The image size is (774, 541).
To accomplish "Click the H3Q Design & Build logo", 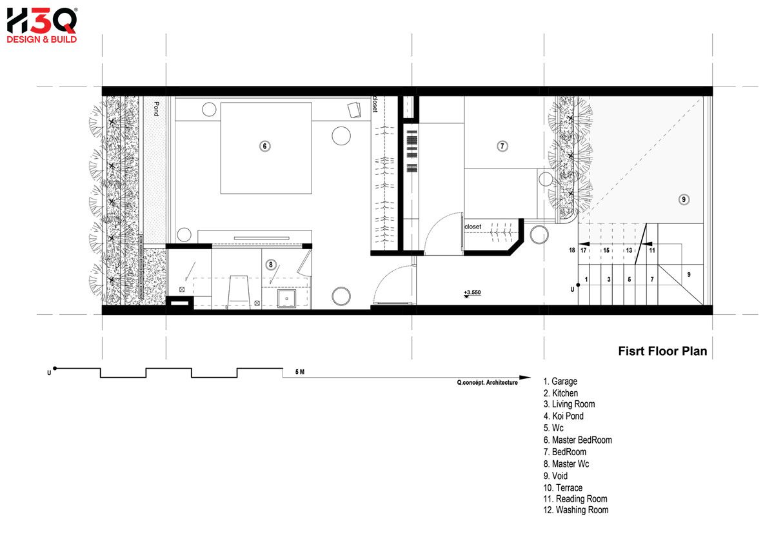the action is coord(42,26).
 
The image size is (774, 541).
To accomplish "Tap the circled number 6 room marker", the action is coord(264,146).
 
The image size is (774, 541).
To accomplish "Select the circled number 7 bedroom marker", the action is coord(502,146).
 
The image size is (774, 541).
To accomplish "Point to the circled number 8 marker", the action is coord(270,265).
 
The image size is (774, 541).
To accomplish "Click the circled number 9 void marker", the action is coord(684,199).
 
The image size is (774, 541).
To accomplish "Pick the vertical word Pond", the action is coord(156,108).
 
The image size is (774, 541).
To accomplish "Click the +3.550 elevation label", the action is coord(472,292).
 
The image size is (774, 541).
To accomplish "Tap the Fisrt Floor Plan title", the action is coord(662,351).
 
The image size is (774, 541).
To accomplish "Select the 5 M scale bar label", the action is coord(299,372).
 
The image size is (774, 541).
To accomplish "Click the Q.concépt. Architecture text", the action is coord(487,382).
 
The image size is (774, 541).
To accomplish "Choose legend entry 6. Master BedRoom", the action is coord(577,440).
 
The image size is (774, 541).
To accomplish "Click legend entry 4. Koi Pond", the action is coord(563,416).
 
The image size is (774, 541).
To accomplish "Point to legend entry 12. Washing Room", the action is coord(575,510).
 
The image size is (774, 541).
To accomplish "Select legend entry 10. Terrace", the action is coord(562,487).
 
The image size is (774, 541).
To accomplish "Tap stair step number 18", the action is coord(572,250).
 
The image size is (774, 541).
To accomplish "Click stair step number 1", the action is coord(586,279).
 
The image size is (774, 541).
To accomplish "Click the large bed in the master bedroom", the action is coord(266,148).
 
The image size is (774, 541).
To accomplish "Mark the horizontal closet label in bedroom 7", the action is coord(473,227).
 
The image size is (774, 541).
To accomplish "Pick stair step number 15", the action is coord(606,250).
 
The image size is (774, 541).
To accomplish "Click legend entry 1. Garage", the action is coord(560,381).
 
